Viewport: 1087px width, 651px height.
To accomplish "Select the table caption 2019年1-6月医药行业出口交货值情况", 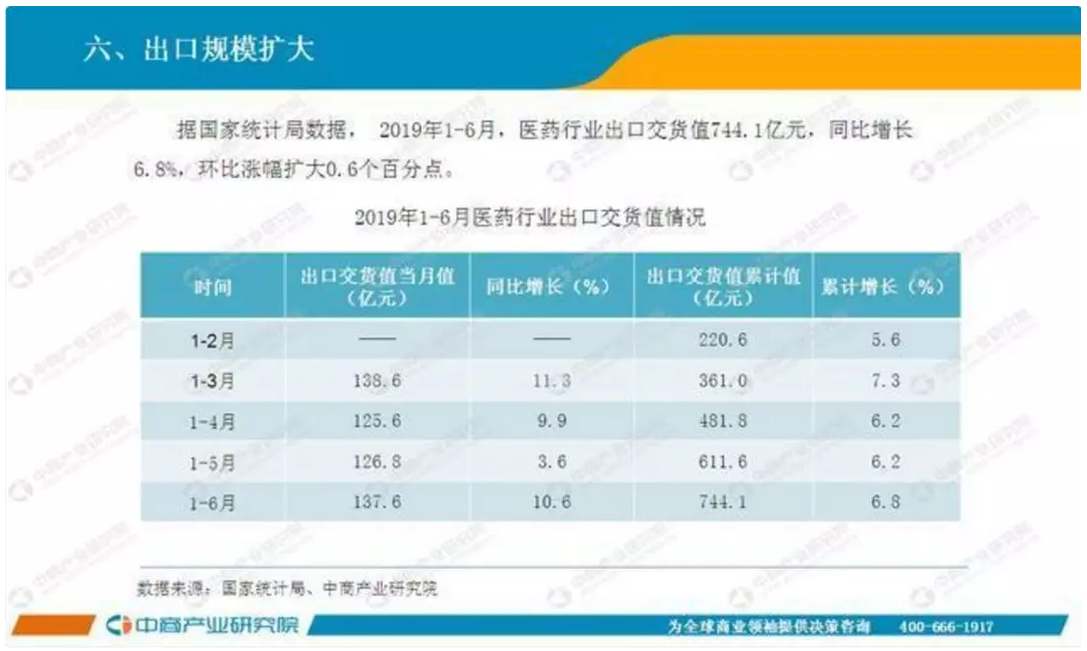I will click(x=530, y=216).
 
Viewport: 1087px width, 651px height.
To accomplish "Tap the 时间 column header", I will click(x=212, y=287).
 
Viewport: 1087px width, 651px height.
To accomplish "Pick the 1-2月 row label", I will click(x=212, y=340).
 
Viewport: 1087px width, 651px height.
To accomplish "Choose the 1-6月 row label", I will click(x=212, y=502).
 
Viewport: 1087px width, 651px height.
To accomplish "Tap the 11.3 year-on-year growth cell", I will click(x=550, y=381).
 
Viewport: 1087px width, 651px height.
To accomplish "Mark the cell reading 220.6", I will click(x=721, y=340).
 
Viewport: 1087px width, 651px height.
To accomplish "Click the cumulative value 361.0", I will click(x=721, y=381).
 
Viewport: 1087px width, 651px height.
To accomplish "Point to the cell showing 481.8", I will click(x=721, y=422).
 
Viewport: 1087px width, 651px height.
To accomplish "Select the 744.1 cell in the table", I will click(x=721, y=502).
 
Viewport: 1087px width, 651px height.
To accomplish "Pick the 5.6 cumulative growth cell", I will click(x=884, y=340).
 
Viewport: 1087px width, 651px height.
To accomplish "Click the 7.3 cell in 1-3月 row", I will click(x=884, y=381).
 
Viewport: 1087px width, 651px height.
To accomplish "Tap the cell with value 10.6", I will click(x=550, y=502).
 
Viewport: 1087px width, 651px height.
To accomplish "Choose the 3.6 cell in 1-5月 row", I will click(x=550, y=463).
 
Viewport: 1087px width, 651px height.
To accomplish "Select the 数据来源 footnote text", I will click(x=288, y=588).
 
